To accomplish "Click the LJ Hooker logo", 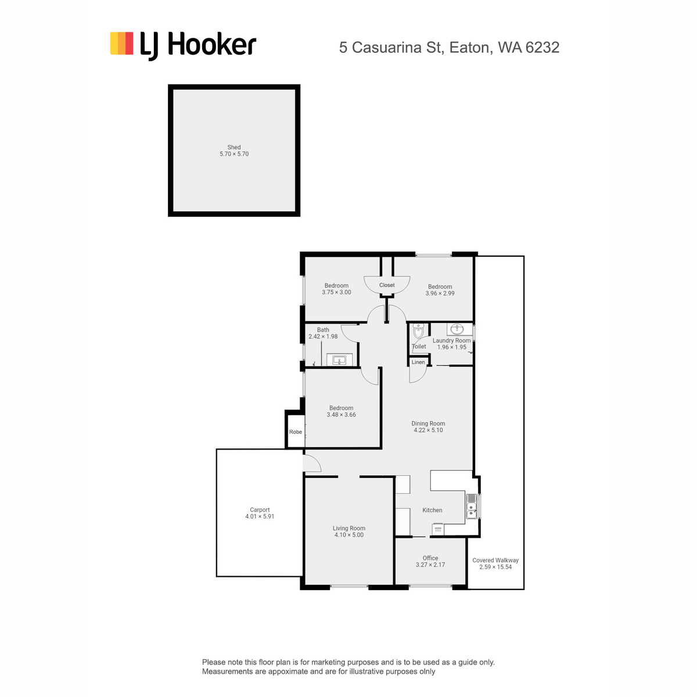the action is click(x=183, y=45).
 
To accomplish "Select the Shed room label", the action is click(x=233, y=147).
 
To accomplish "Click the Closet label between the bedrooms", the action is click(x=387, y=285).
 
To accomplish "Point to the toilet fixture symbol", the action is click(x=418, y=330).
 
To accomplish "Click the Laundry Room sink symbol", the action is click(x=457, y=329).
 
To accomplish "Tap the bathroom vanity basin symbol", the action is click(x=339, y=360).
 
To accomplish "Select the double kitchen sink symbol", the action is click(x=471, y=506).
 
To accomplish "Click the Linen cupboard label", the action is click(x=418, y=362).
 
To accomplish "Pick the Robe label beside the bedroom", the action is click(x=296, y=432).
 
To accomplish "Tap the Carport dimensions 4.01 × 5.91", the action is click(x=260, y=516).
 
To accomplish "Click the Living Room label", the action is click(x=348, y=528).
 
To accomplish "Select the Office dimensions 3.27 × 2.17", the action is click(x=430, y=565).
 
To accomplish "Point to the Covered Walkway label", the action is click(x=495, y=561).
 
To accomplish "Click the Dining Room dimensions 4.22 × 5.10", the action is click(x=428, y=430).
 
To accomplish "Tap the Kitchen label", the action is click(x=432, y=510).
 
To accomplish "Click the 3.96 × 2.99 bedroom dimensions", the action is click(x=440, y=293).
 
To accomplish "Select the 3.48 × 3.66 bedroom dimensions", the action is click(x=341, y=415).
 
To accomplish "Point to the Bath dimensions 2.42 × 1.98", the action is click(x=323, y=336).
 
